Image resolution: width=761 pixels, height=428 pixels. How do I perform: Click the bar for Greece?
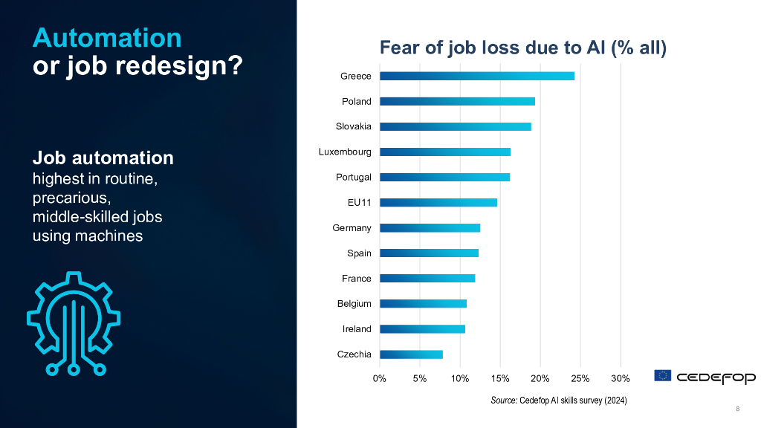(476, 76)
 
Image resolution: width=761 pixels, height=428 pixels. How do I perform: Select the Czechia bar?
(411, 354)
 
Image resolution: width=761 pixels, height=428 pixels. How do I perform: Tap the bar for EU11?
(438, 202)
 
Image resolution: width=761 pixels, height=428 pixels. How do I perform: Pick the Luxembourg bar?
(444, 152)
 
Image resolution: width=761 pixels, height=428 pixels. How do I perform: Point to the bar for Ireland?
(422, 329)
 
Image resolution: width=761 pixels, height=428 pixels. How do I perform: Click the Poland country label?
(356, 101)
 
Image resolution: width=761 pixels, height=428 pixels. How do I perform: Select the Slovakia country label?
(353, 126)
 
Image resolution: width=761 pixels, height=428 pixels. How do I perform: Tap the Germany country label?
(352, 228)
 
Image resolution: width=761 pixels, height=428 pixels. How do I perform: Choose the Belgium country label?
(354, 304)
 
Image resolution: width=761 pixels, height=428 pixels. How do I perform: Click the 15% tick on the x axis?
(500, 379)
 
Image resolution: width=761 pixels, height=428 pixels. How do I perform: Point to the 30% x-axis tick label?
(621, 379)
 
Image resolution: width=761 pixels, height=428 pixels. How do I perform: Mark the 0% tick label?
(380, 379)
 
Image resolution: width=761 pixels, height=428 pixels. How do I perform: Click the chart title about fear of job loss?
(523, 49)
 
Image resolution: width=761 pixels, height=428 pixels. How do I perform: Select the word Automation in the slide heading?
(107, 37)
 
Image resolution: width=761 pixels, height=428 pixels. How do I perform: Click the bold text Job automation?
(103, 158)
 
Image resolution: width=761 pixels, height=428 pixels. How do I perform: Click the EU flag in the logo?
(663, 376)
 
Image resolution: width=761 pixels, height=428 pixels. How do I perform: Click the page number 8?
(737, 409)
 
